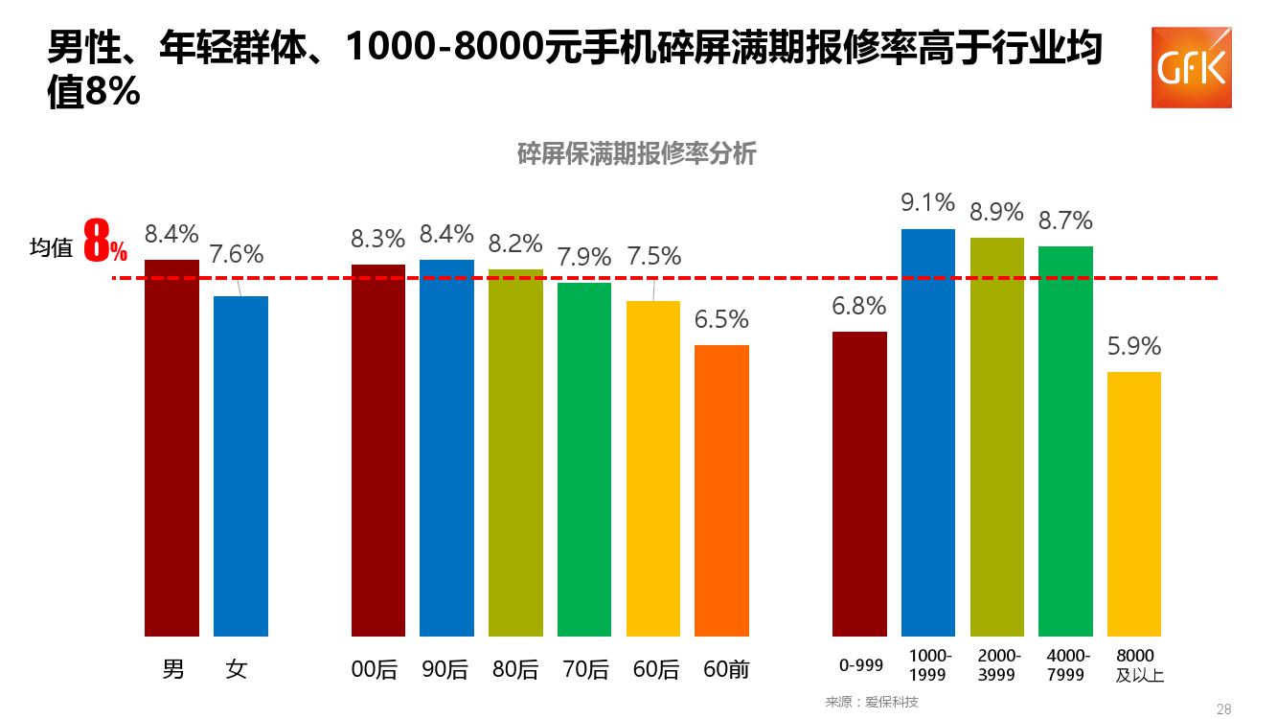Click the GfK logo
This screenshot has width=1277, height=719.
coord(1191,67)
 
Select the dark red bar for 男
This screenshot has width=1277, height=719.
coord(171,448)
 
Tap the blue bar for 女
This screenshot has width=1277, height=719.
coord(240,466)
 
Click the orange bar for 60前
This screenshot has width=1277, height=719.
coord(721,490)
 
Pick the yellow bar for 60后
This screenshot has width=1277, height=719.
coord(653,469)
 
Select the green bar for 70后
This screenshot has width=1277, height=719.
coord(584,459)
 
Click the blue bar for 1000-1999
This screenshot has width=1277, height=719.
coord(928,432)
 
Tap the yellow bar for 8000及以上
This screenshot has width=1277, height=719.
coord(1134,503)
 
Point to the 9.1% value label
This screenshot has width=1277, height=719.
coord(927,202)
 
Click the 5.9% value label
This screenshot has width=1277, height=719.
coord(1134,346)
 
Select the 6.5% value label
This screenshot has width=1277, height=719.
coord(721,319)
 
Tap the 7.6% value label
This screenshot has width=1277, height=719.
coord(237,254)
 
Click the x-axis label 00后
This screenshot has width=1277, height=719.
coord(374,669)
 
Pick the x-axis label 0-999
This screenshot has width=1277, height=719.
coord(860,664)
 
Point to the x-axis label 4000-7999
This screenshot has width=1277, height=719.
coord(1066,665)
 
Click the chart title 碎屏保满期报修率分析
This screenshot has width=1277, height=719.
coord(637,154)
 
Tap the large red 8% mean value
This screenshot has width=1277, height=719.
coord(104,243)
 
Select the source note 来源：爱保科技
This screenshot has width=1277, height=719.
coord(872,702)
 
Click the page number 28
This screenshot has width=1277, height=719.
coord(1223,709)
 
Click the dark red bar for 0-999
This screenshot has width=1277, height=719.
coord(859,484)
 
